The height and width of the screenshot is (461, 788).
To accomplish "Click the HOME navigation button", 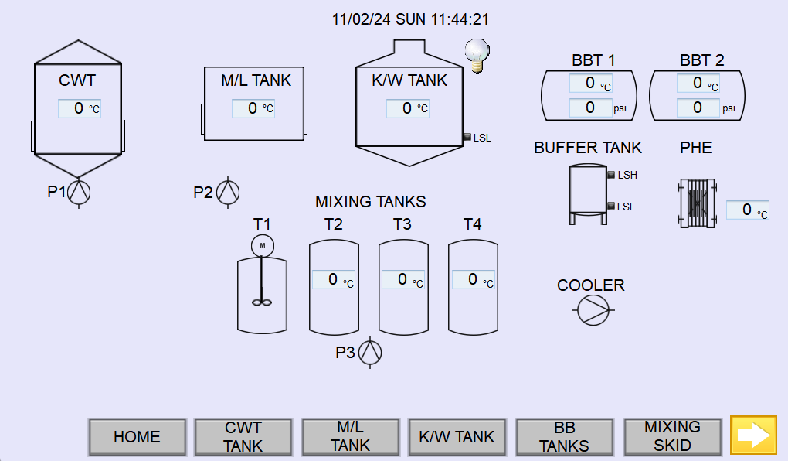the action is click(138, 437).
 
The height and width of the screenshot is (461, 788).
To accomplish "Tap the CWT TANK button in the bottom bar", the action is click(243, 437).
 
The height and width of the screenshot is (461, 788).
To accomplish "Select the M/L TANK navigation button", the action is click(350, 437).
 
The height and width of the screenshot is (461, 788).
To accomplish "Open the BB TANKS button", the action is click(565, 437).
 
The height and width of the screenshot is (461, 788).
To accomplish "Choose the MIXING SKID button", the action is click(672, 437).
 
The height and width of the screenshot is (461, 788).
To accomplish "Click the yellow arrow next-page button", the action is click(753, 435).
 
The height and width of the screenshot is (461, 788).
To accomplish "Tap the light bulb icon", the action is click(477, 56).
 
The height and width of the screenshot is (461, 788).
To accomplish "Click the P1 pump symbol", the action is click(79, 193).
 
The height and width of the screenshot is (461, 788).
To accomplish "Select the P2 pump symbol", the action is click(228, 193).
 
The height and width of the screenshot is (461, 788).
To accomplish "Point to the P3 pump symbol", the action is click(370, 352).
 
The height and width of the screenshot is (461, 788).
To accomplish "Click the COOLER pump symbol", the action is click(593, 310).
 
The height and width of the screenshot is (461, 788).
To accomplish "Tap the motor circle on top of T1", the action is click(263, 246).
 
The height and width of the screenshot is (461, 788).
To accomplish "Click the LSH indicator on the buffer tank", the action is click(611, 175).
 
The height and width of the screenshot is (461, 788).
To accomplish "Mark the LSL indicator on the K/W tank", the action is click(467, 137).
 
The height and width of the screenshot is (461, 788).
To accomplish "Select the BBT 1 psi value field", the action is click(590, 108).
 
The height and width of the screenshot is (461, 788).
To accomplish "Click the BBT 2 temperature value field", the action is click(698, 83).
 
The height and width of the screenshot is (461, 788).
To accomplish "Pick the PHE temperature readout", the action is click(747, 210).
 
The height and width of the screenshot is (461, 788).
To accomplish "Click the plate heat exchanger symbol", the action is click(697, 203).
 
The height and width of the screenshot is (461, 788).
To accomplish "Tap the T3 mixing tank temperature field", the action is click(402, 279).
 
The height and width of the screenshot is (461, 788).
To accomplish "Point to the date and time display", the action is click(410, 19).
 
